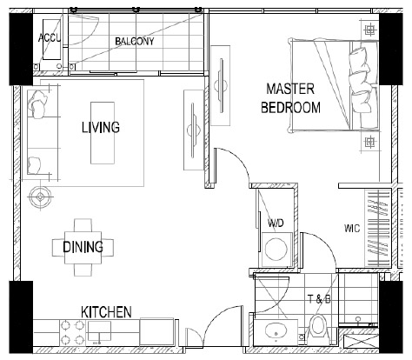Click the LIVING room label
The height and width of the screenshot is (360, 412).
click(101, 128)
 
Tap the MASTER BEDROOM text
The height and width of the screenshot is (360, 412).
click(290, 98)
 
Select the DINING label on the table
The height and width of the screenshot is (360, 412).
click(83, 247)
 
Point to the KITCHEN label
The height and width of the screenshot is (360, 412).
click(106, 312)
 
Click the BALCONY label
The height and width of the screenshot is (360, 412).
click(135, 42)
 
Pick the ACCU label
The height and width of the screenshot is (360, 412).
click(50, 37)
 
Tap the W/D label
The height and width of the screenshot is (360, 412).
click(276, 223)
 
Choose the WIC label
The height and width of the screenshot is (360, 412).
click(352, 229)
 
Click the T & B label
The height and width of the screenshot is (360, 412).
click(319, 299)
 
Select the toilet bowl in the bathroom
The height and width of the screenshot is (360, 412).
click(318, 329)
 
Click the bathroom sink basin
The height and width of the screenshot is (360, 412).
click(276, 332)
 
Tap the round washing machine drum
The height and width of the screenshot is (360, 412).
click(276, 250)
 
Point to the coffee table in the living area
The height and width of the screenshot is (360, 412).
click(103, 133)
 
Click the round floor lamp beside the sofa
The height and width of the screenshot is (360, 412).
click(41, 197)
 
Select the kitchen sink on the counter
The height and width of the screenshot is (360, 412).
click(99, 330)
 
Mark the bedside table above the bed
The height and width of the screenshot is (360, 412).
click(369, 30)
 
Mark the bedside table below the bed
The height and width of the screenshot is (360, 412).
click(369, 142)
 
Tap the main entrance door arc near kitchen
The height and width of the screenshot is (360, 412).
click(219, 318)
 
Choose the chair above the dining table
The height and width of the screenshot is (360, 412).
click(83, 225)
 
